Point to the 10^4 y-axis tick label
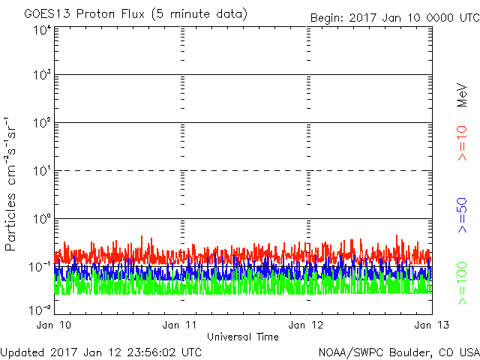click(x=40, y=29)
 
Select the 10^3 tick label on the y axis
click(x=40, y=75)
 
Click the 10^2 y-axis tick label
click(x=40, y=123)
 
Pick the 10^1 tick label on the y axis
click(x=40, y=171)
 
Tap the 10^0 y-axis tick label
click(x=40, y=219)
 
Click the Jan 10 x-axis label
click(x=54, y=325)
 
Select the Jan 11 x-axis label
click(x=181, y=325)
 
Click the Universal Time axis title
click(x=242, y=337)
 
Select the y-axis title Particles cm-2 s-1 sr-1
click(x=12, y=184)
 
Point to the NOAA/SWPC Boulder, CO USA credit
click(x=398, y=352)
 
